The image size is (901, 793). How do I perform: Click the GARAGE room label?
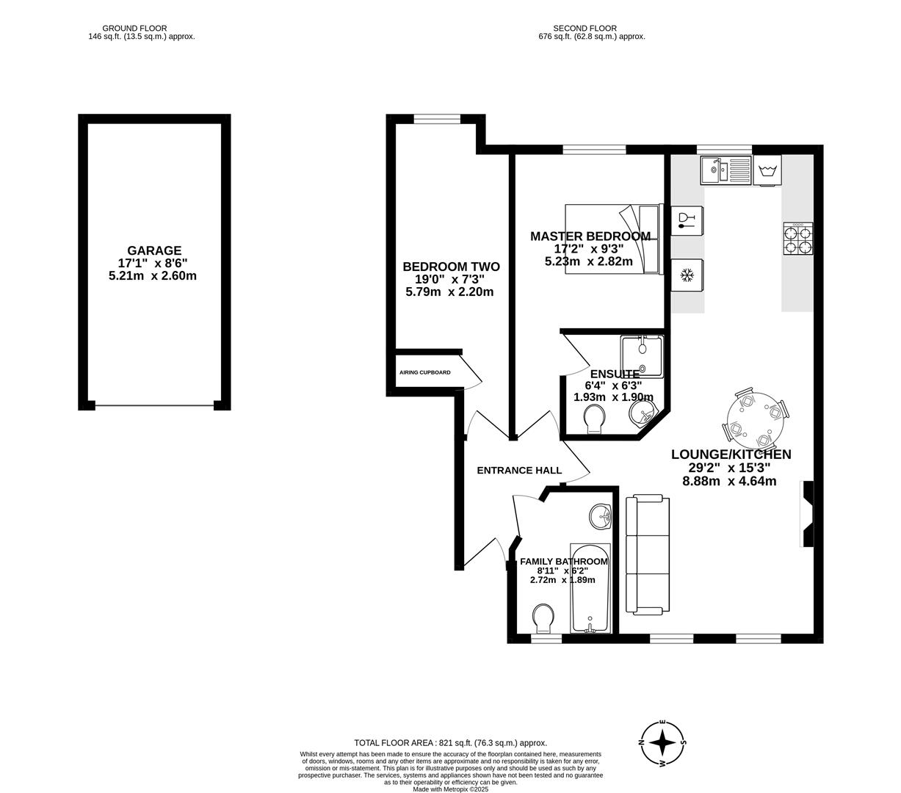[153, 251]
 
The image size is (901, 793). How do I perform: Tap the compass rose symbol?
[663, 742]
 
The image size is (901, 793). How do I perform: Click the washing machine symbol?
[767, 170]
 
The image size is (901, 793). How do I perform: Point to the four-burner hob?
[797, 239]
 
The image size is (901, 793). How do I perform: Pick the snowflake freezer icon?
[687, 275]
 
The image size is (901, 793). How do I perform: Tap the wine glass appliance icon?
[687, 220]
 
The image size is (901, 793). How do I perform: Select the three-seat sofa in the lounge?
[647, 554]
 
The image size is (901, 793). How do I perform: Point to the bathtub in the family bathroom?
[590, 589]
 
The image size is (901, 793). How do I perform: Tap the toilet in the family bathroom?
[543, 618]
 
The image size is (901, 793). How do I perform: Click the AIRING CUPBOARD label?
[424, 372]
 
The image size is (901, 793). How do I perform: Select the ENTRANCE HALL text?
[519, 471]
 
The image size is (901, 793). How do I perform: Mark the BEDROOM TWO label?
[451, 267]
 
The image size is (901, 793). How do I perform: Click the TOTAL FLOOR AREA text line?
[450, 743]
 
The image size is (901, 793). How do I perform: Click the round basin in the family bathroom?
[601, 516]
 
